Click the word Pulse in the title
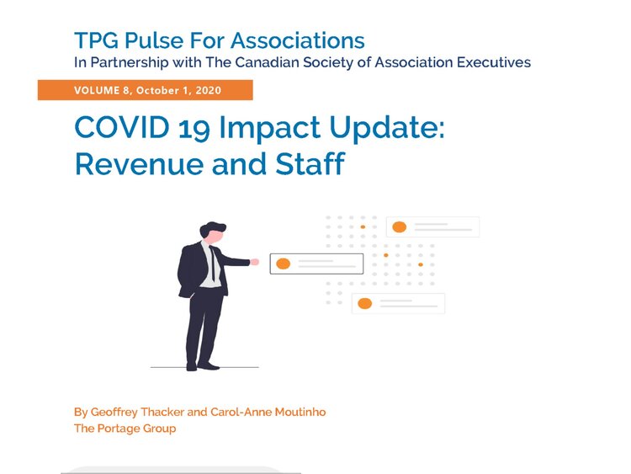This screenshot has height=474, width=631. [154, 40]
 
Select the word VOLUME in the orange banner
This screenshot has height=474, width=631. [97, 90]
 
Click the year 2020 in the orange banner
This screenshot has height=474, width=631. [209, 90]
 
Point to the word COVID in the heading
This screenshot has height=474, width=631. [121, 128]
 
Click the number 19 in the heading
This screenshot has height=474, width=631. [194, 129]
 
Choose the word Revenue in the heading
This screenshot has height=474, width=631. [139, 164]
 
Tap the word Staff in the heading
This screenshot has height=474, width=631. [310, 163]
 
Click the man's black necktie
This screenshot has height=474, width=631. [213, 264]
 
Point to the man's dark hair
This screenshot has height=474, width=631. [212, 229]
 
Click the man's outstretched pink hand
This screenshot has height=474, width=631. [254, 262]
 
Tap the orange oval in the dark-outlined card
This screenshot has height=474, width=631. [284, 264]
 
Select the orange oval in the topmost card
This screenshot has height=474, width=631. [399, 227]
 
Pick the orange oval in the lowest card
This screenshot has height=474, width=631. [364, 303]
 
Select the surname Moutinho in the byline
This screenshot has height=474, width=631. [300, 412]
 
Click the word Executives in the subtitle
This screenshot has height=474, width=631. [494, 62]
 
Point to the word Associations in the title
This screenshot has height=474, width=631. [297, 40]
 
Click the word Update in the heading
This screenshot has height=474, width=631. [386, 129]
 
